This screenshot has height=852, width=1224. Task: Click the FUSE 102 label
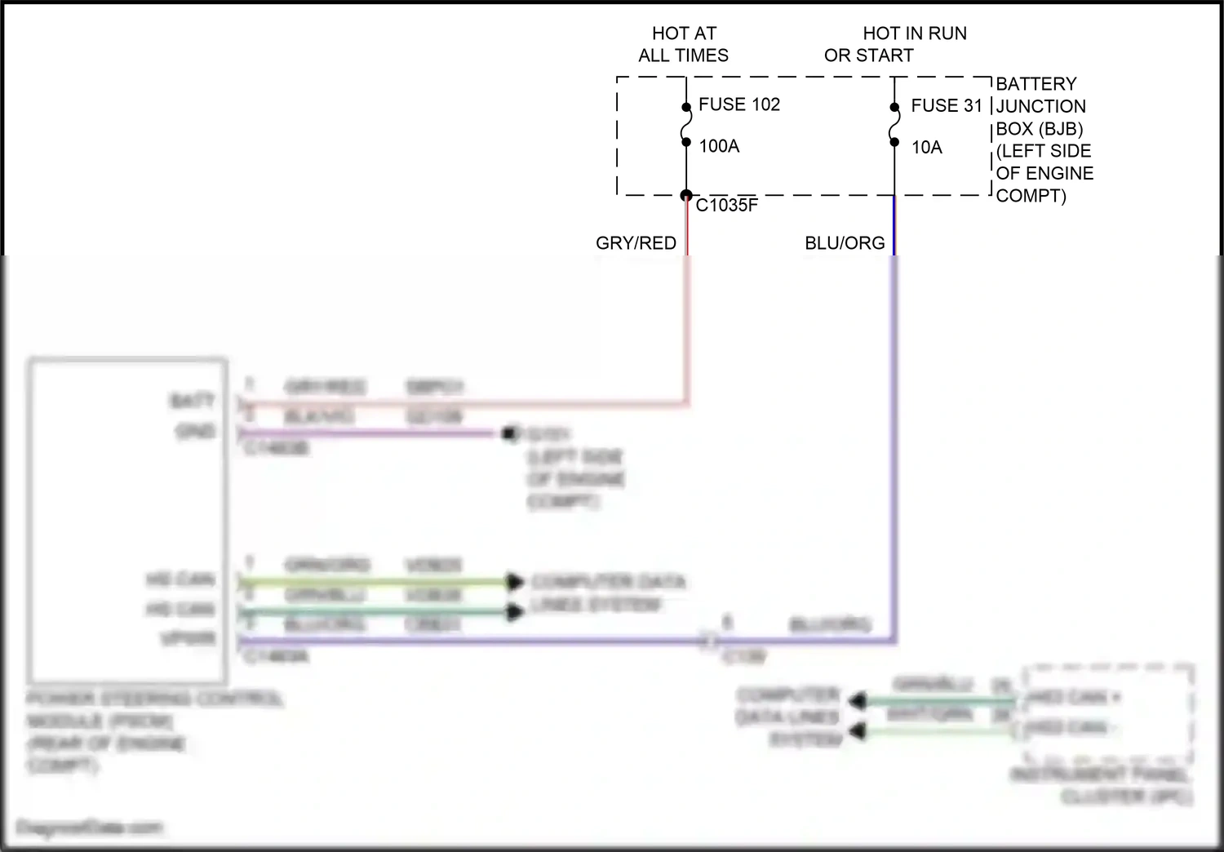click(x=738, y=104)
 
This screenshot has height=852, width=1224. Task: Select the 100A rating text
click(x=719, y=146)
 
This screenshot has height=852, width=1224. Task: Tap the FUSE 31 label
click(x=947, y=105)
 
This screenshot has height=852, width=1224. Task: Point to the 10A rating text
click(x=926, y=148)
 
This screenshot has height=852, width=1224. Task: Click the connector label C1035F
click(x=726, y=206)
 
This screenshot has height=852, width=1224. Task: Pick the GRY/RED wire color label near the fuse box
click(x=636, y=243)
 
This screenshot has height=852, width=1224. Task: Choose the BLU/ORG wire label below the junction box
click(x=845, y=243)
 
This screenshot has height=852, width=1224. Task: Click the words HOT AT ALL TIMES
click(x=684, y=44)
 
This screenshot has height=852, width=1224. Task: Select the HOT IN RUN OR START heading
click(x=895, y=44)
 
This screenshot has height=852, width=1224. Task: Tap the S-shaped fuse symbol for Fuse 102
click(x=686, y=125)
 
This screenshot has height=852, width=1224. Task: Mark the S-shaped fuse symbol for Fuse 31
click(x=894, y=126)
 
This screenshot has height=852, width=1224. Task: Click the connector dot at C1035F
click(x=686, y=195)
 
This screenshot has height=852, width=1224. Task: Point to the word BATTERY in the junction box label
click(x=1036, y=84)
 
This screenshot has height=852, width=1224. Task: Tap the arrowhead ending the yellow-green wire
click(x=514, y=582)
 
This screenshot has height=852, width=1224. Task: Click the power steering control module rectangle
click(x=127, y=521)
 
